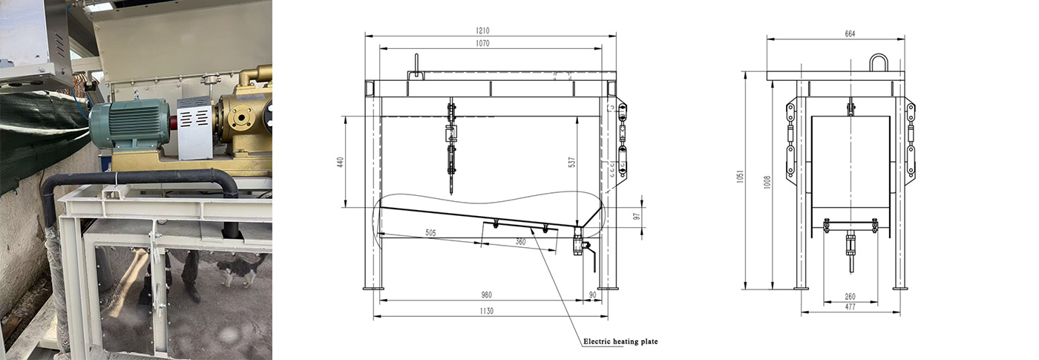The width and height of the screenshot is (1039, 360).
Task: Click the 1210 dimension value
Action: [482, 30]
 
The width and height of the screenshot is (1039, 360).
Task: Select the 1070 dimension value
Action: [482, 43]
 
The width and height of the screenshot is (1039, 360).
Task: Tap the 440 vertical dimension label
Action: [340, 162]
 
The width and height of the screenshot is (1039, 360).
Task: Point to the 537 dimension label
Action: [572, 162]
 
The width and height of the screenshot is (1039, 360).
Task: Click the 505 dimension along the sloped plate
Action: [431, 233]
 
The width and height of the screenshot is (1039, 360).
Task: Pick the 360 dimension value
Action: [520, 242]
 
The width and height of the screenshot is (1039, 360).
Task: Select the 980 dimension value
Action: [486, 295]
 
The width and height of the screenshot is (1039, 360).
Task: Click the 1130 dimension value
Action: [486, 311]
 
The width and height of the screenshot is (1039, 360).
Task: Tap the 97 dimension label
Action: [637, 217]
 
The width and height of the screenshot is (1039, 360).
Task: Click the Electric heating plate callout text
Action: [620, 341]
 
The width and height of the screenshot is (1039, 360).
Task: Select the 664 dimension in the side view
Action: [850, 33]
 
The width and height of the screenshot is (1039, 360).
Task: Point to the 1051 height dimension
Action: [740, 177]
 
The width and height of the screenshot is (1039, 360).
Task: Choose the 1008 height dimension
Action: [767, 182]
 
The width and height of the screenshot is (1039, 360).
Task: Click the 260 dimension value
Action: [850, 296]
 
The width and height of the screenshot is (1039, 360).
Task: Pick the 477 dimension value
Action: [850, 307]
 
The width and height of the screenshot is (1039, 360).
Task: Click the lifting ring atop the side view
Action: [879, 56]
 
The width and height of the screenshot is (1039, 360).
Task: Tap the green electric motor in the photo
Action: [129, 125]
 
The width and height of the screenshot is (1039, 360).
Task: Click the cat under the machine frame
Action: [240, 269]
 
